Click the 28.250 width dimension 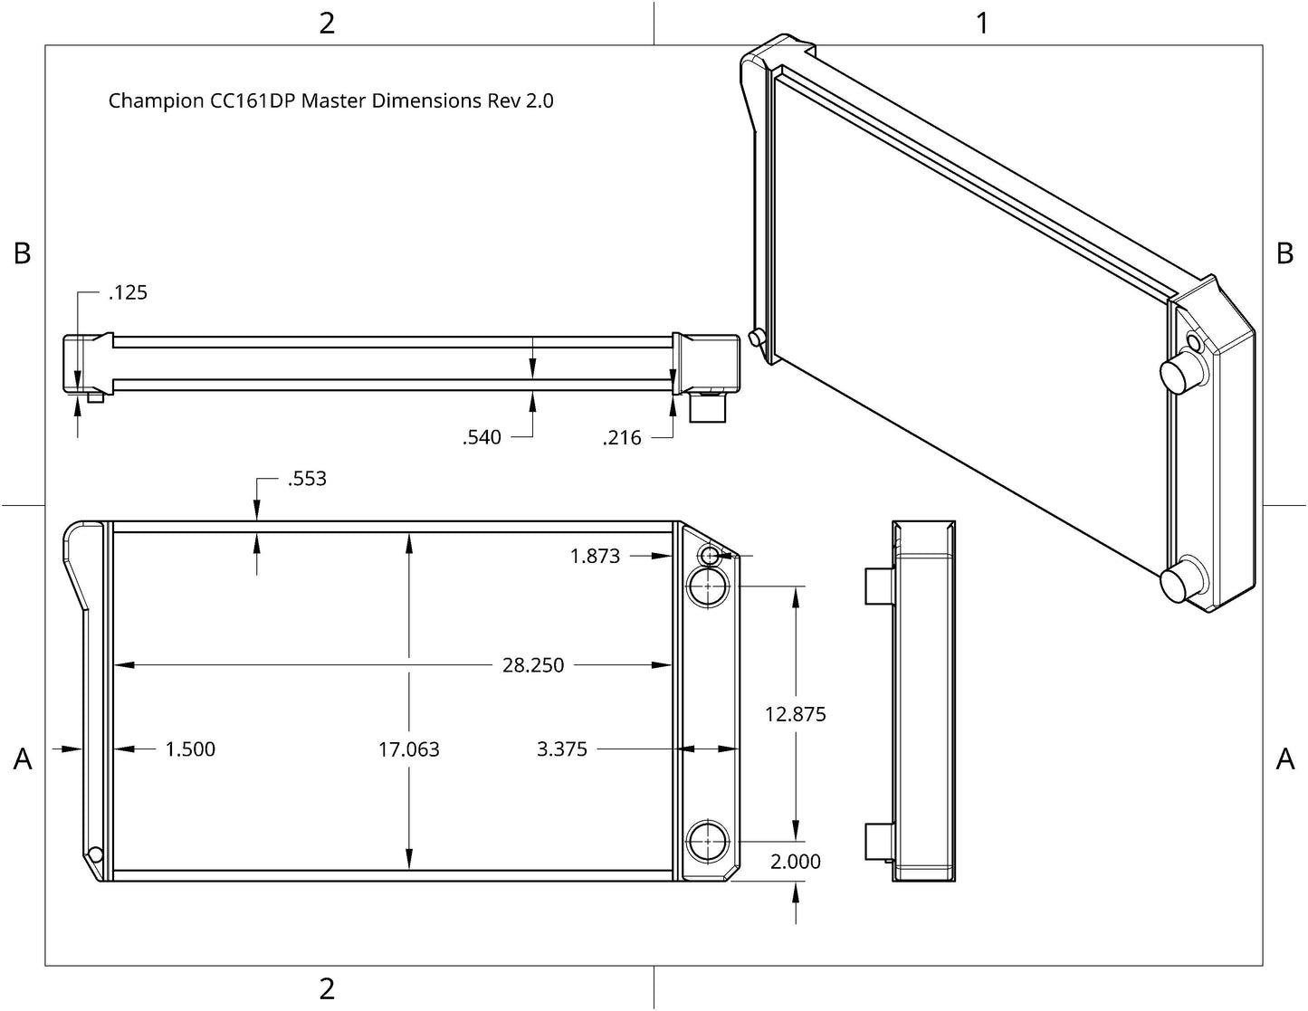(533, 665)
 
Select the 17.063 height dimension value (409, 749)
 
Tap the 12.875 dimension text (795, 714)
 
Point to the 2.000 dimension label (795, 862)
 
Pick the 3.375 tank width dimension (561, 749)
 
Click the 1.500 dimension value (190, 749)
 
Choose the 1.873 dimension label (595, 556)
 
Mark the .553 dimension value (307, 479)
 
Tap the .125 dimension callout (128, 292)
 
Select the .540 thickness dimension (482, 437)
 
